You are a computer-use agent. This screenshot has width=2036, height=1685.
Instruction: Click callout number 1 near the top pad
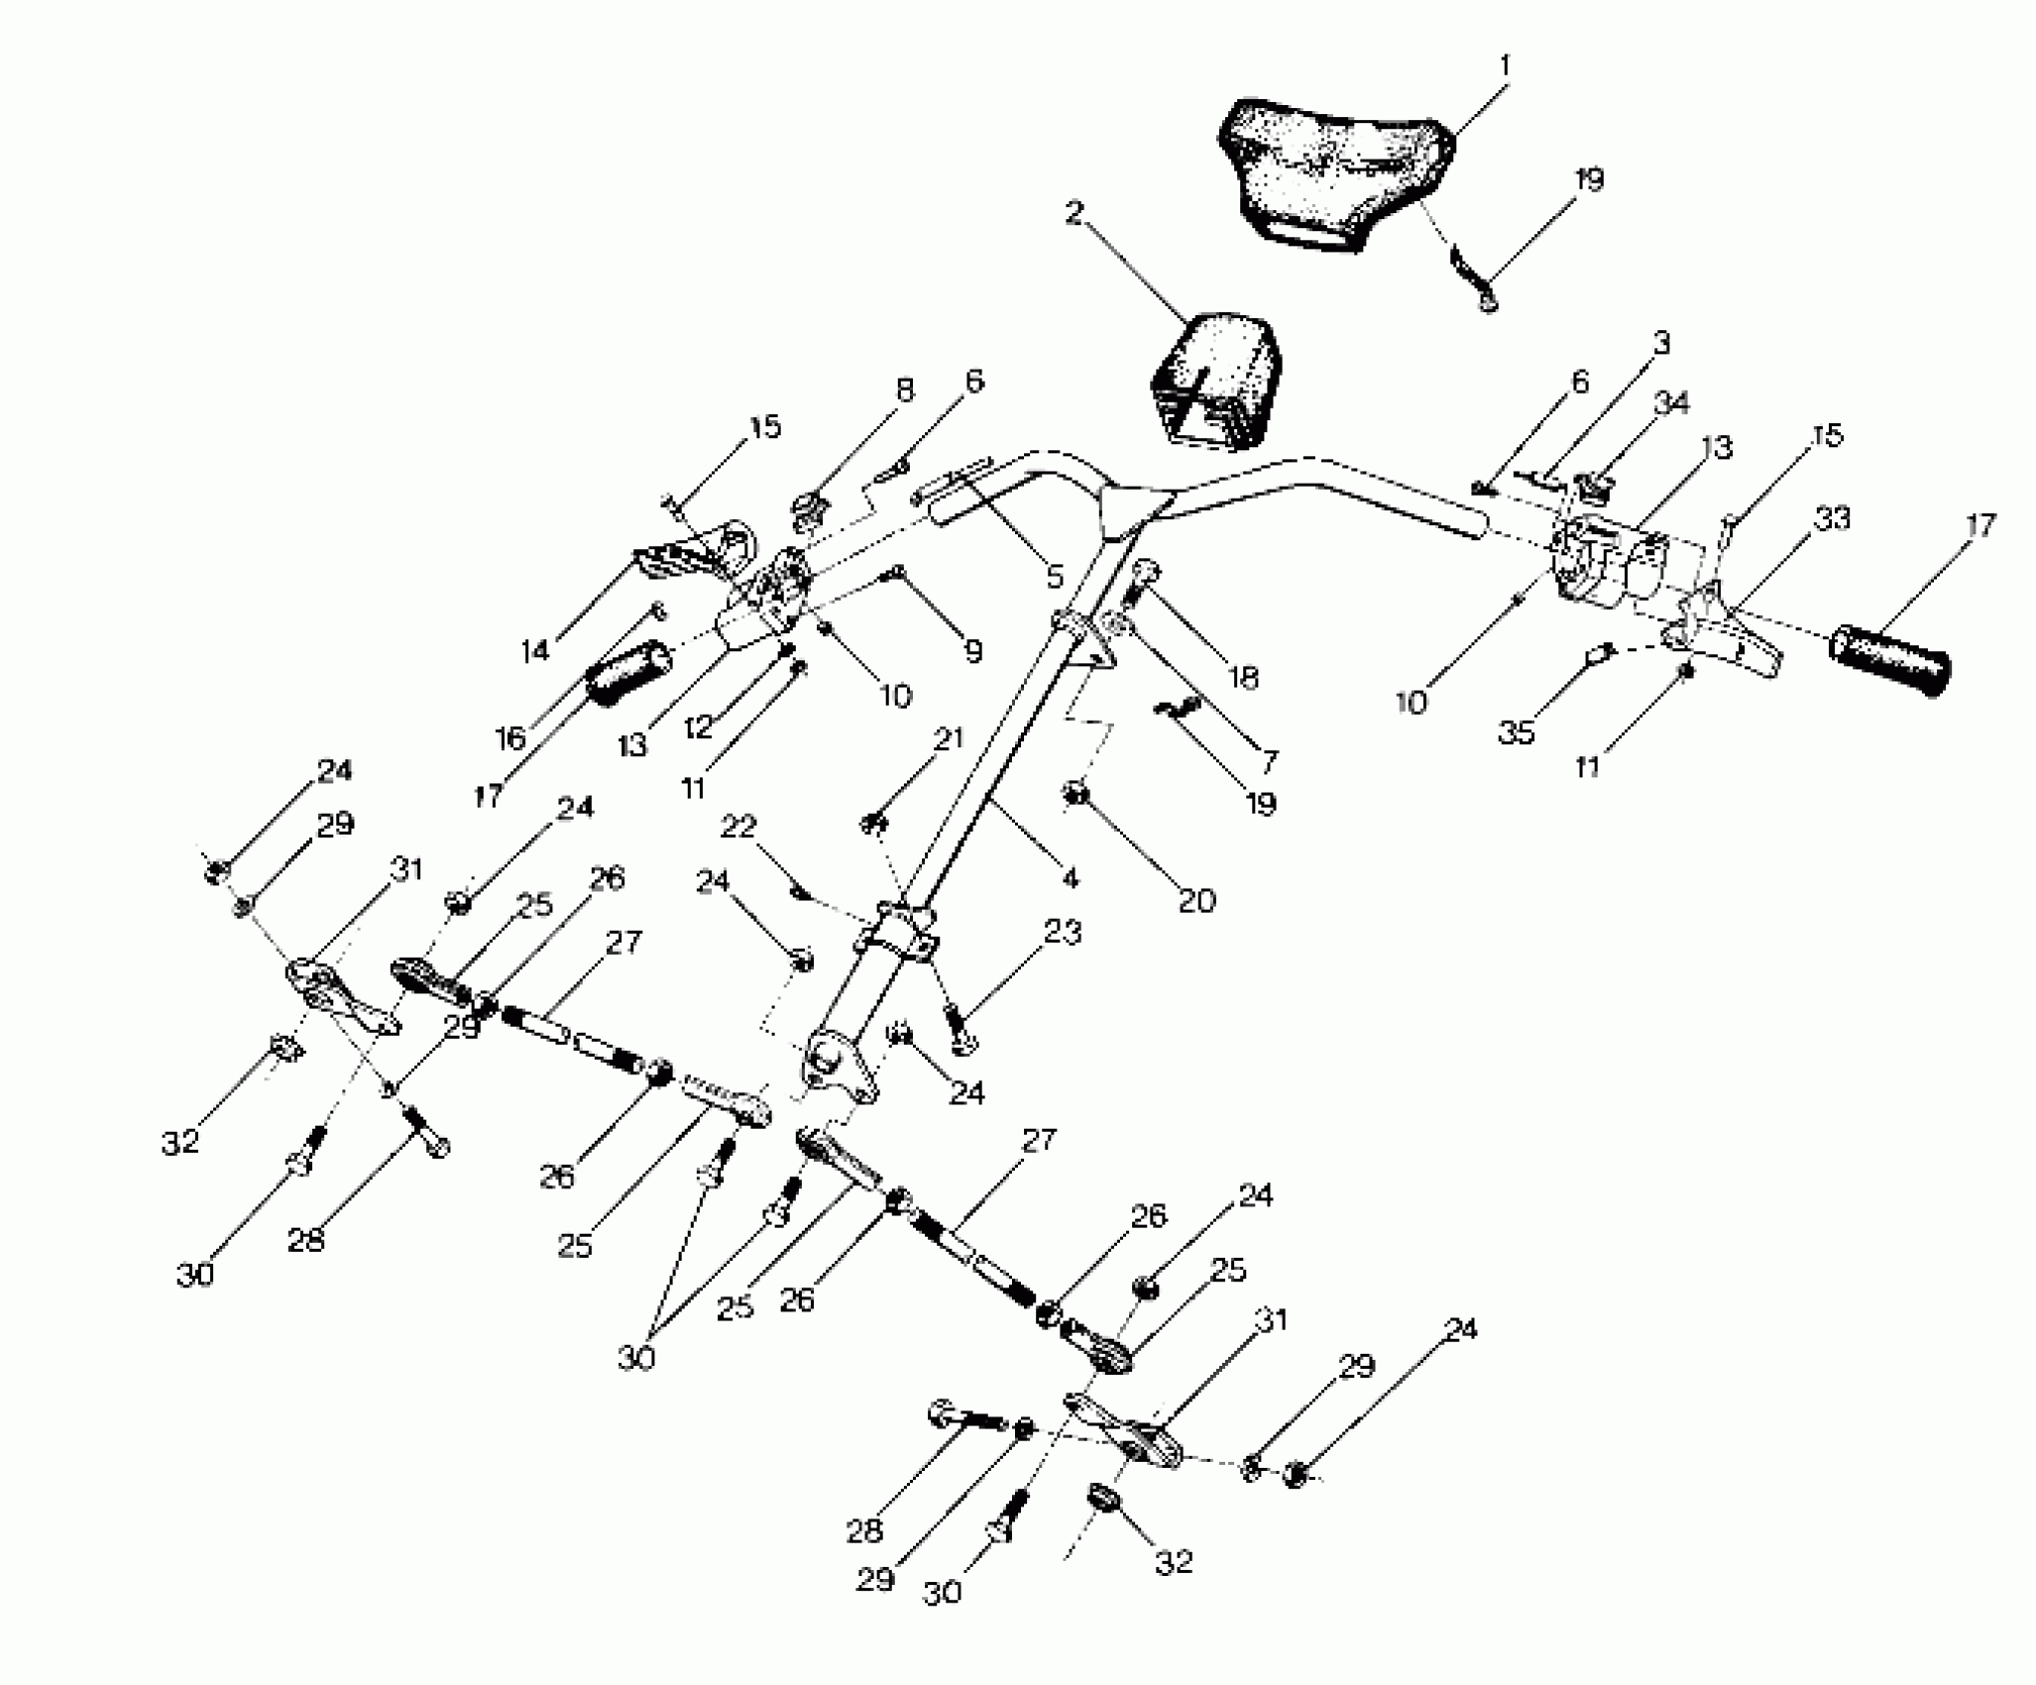click(x=1505, y=66)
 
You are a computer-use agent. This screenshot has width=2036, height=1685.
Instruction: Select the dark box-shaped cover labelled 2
click(x=1215, y=382)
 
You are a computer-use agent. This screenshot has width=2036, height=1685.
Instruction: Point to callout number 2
click(x=1075, y=212)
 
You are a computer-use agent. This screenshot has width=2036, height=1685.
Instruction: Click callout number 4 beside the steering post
click(x=1069, y=877)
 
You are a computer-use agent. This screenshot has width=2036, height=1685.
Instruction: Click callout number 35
click(x=1517, y=732)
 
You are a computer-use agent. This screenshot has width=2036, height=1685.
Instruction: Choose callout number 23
click(x=1062, y=933)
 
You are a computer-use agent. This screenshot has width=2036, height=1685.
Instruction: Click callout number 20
click(x=1195, y=900)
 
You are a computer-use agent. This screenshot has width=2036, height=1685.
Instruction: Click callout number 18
click(x=1242, y=678)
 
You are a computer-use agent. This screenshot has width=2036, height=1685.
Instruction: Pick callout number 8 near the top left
click(x=903, y=391)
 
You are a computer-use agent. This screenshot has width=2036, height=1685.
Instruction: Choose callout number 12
click(x=698, y=728)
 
